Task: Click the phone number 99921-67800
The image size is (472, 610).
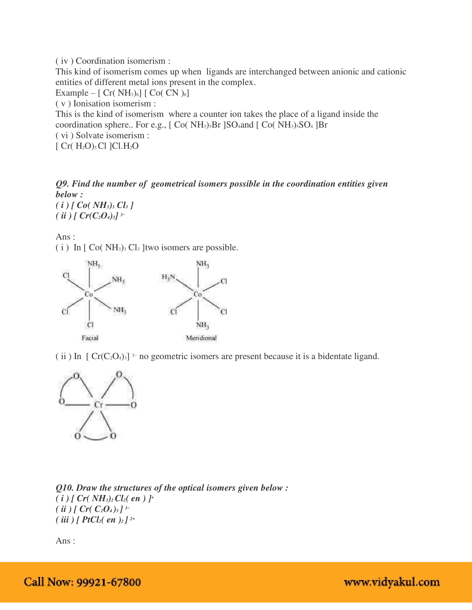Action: coord(109,582)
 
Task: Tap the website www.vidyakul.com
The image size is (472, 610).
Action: coord(392,582)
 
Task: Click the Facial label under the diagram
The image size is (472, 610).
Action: coord(90,338)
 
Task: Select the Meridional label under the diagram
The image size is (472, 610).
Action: coord(201,338)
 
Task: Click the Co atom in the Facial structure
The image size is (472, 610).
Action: coord(89,294)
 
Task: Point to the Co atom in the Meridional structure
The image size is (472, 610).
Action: coord(198,294)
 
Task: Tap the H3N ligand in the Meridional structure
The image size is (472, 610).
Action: coord(168,277)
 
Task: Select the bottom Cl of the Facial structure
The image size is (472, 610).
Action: coord(90,325)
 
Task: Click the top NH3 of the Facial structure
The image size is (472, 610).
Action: coord(94,264)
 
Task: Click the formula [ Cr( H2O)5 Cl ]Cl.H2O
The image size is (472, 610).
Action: coord(97,146)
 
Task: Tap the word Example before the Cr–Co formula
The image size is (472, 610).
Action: coord(72,93)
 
